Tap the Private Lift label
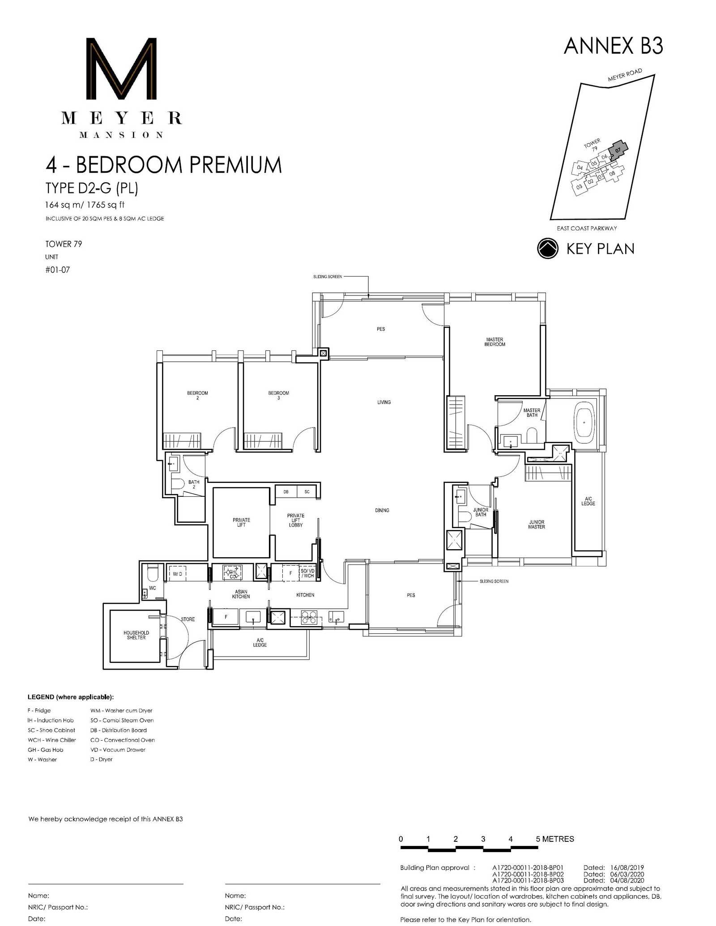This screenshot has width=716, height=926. tap(241, 522)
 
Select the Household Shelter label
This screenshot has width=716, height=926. tap(136, 635)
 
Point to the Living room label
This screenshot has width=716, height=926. tap(384, 402)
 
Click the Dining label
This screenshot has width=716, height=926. tap(382, 510)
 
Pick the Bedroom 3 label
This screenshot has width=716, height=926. tap(278, 395)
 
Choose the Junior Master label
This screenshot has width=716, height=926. tap(537, 525)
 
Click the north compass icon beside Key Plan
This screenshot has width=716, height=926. tap(548, 248)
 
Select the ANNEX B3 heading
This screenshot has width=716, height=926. tap(613, 46)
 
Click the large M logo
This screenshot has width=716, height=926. tap(121, 68)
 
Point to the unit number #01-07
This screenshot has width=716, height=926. tap(57, 270)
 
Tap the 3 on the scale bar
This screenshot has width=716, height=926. tap(483, 839)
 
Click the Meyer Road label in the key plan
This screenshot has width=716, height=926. tap(625, 75)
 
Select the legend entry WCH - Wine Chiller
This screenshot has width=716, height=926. tap(52, 740)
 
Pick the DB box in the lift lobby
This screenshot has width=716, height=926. tap(286, 492)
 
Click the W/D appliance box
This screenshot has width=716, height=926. tap(177, 574)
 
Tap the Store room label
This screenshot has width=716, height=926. tap(188, 619)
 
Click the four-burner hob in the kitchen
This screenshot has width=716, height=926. tap(309, 617)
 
